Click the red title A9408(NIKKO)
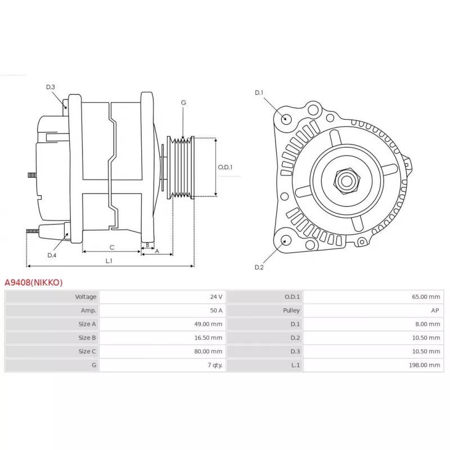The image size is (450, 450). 34,282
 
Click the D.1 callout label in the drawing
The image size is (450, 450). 259,92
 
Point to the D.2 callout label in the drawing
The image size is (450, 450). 259,267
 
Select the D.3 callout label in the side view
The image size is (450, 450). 51,87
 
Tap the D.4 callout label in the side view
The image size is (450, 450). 52,255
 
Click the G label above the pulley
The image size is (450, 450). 183,103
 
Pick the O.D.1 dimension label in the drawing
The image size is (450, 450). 225,167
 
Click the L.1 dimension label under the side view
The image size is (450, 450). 109,261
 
